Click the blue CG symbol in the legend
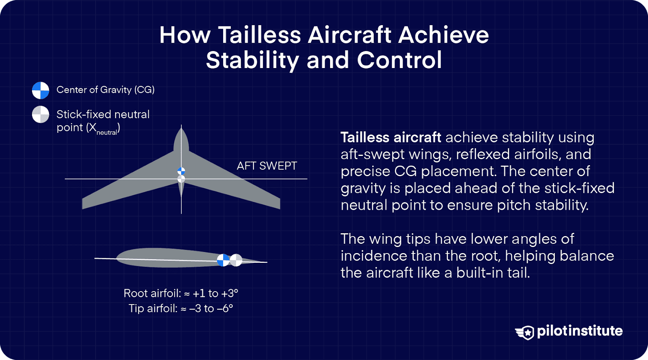[x=40, y=90]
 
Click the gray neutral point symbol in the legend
[x=40, y=115]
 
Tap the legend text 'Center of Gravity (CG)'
[x=105, y=89]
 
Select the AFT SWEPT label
[x=266, y=166]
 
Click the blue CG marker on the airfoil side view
[x=223, y=260]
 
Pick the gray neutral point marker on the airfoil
[x=236, y=260]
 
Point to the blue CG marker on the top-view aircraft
[x=181, y=171]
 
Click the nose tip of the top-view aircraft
[x=181, y=128]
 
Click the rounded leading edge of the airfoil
[x=119, y=258]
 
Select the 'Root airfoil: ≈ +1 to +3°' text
[x=181, y=293]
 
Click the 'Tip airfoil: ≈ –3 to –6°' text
[x=181, y=309]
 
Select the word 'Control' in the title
[x=399, y=60]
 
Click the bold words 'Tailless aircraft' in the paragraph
[x=390, y=137]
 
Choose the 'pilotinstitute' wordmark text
[x=580, y=331]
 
